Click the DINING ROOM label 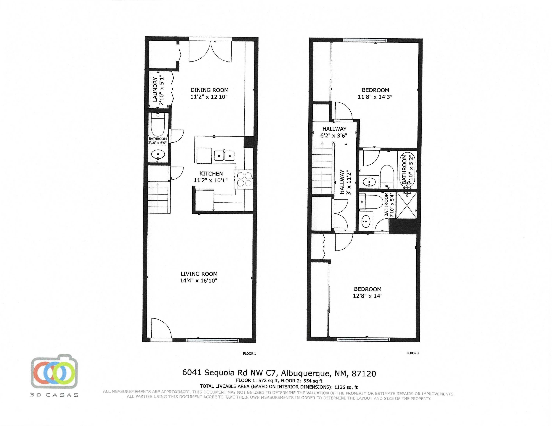209,90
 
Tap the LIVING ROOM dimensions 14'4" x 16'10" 199,280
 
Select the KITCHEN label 211,174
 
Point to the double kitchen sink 224,155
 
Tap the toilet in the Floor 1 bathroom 158,125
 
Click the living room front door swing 161,328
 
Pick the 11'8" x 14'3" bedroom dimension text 375,97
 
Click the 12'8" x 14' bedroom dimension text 367,296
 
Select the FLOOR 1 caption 250,353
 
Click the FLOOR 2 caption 413,353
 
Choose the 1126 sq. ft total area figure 346,387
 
